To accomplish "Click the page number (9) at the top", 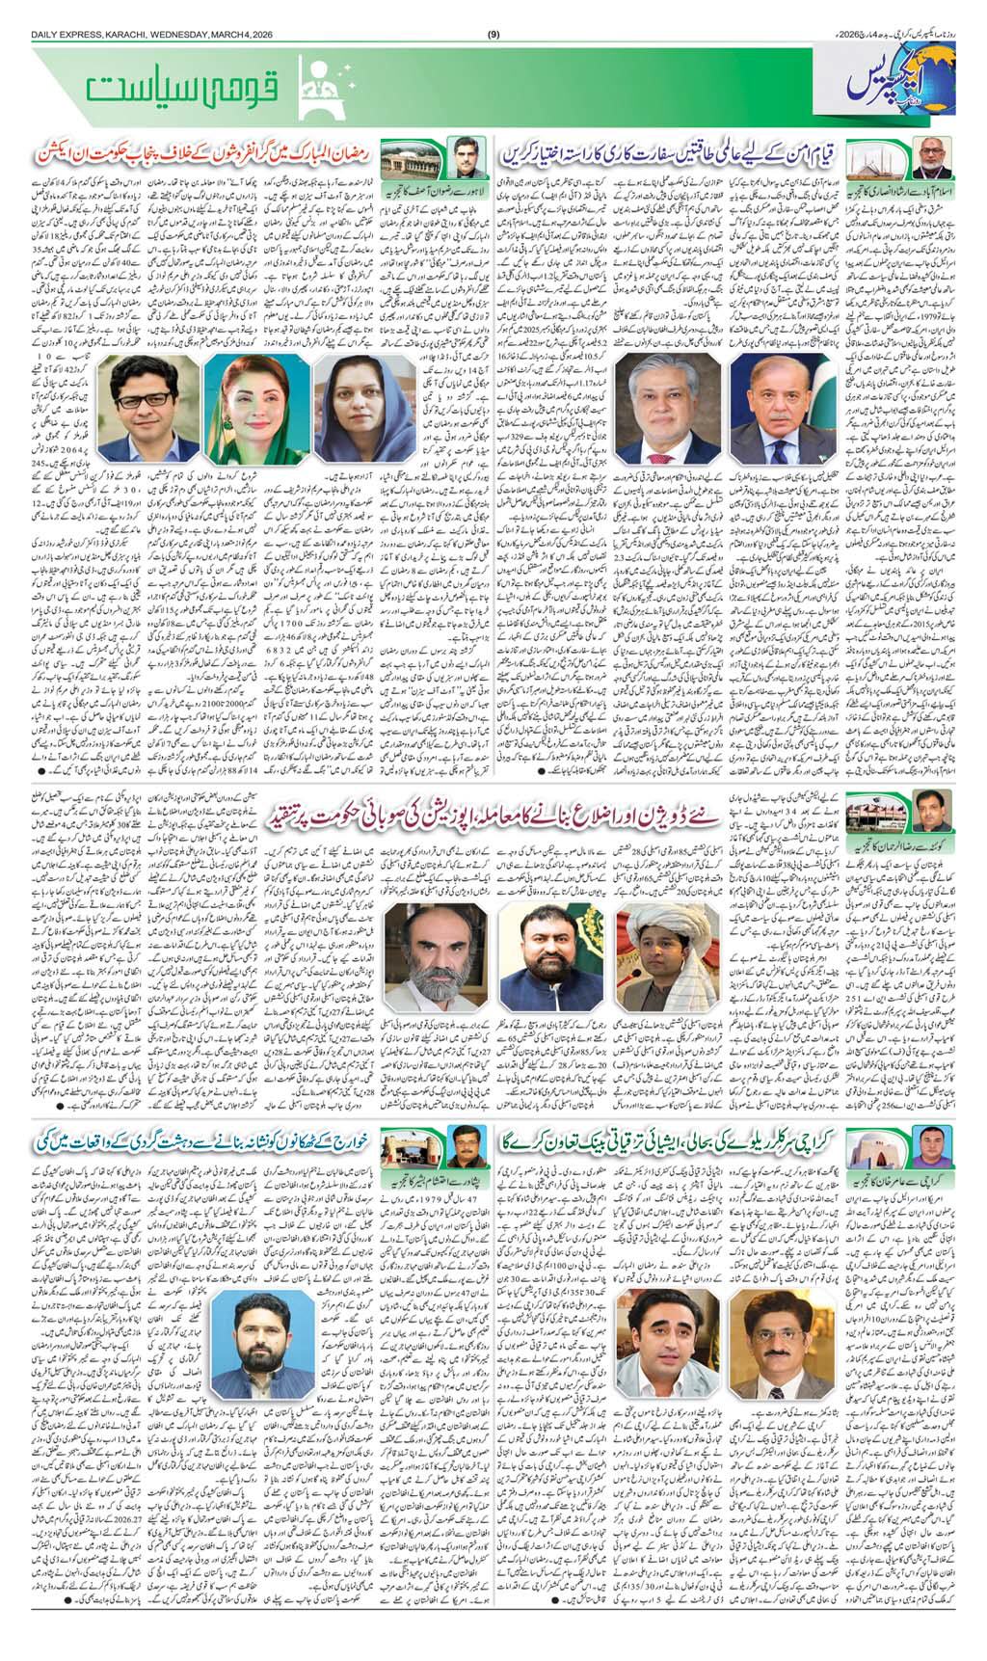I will click(493, 36).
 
